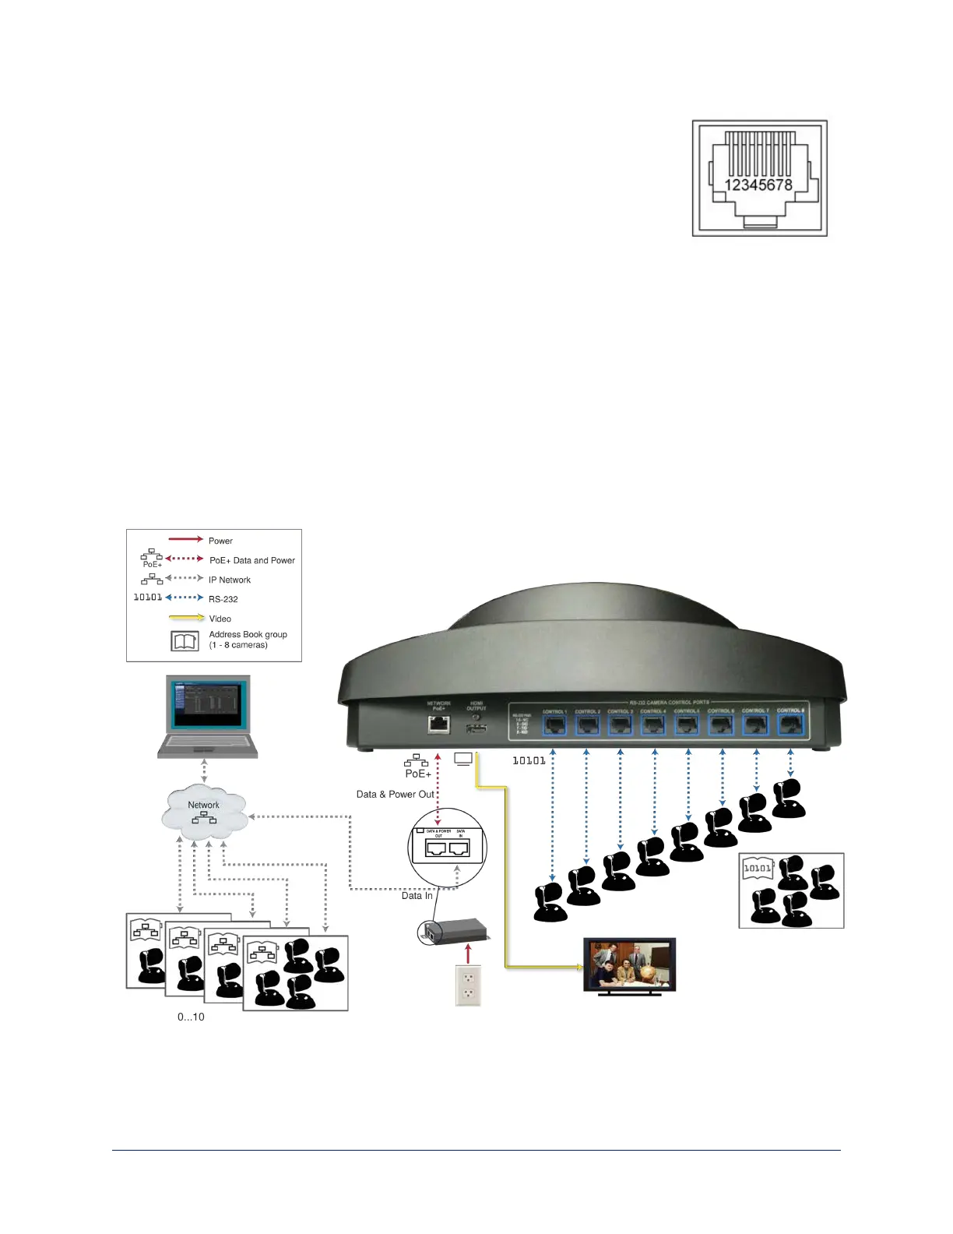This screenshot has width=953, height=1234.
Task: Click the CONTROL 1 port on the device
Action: tap(554, 725)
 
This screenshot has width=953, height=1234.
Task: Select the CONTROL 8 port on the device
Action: tap(790, 725)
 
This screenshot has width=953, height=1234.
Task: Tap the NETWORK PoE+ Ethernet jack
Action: tap(438, 724)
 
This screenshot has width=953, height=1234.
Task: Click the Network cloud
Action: tap(204, 811)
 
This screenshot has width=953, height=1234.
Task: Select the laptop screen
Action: tap(208, 705)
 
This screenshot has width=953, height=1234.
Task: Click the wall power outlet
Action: tap(468, 985)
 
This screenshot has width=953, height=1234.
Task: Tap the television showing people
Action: tap(630, 964)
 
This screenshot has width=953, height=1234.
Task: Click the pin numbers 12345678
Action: tap(758, 185)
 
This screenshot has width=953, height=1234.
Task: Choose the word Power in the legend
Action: tap(220, 541)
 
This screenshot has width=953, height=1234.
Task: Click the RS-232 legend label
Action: tap(223, 599)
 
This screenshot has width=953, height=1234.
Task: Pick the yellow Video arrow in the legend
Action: tap(187, 618)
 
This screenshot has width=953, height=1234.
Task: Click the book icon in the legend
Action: tap(185, 640)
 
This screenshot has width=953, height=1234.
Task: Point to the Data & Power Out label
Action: tap(395, 795)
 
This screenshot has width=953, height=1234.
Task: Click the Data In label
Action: tap(417, 896)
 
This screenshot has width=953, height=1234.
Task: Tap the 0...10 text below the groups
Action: tap(191, 1017)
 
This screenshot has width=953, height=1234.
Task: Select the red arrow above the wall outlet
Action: tap(468, 954)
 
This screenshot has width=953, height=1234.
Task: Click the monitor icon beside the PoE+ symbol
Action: tap(463, 758)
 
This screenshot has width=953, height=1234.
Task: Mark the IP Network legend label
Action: tap(230, 580)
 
